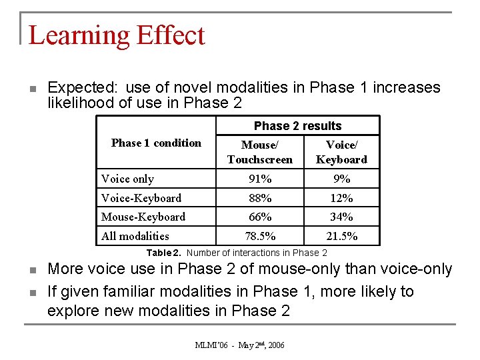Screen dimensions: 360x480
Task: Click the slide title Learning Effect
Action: point(117,35)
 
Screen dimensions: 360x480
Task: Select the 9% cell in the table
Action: point(341,179)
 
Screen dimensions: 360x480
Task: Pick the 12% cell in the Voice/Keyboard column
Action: point(341,198)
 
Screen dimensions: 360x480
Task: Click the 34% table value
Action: point(341,217)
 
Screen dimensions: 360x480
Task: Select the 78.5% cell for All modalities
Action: point(260,236)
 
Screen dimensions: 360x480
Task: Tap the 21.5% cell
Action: point(341,236)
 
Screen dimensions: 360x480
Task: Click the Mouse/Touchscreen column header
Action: point(259,152)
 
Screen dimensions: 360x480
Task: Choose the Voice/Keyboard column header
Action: point(341,152)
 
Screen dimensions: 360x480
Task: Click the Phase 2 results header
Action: point(297,126)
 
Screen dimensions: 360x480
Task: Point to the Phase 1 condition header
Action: point(156,143)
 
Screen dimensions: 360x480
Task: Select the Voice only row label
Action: point(127,179)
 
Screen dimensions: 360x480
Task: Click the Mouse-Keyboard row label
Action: point(143,217)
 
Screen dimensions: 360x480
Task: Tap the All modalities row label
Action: point(135,236)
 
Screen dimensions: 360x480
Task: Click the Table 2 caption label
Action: point(165,253)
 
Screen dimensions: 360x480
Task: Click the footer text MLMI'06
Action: point(211,345)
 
